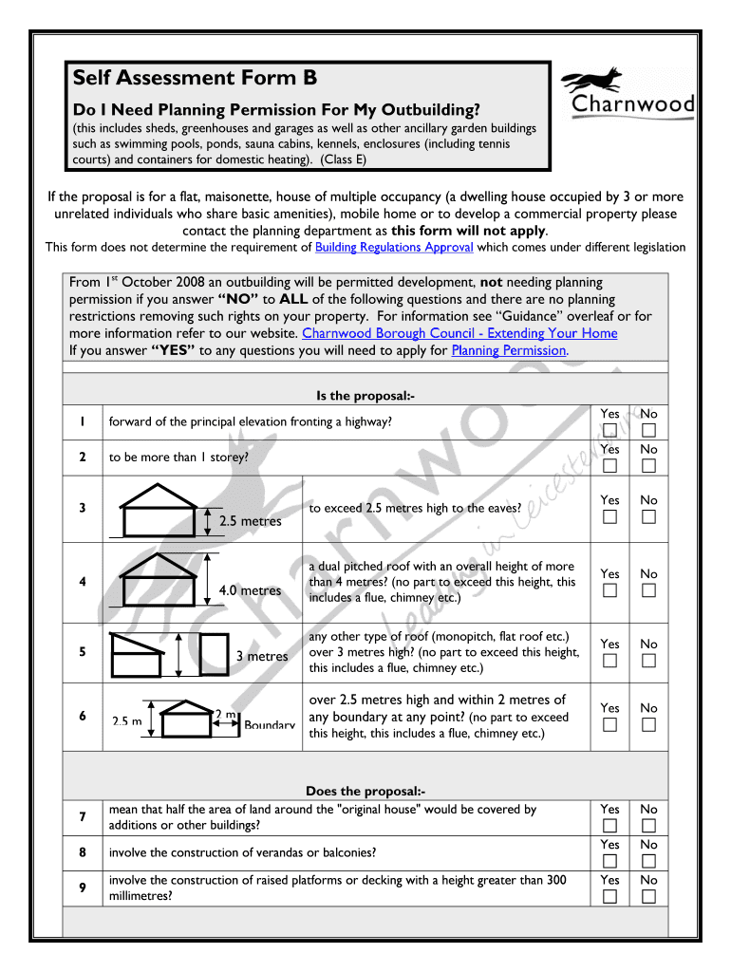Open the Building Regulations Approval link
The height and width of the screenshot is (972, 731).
click(x=394, y=248)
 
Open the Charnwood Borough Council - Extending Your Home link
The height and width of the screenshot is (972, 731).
click(x=459, y=333)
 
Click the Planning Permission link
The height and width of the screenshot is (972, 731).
click(x=509, y=350)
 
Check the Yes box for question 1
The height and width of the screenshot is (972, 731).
click(x=609, y=431)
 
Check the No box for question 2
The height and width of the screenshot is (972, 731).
click(x=648, y=465)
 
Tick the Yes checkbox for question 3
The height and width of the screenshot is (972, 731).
click(x=609, y=516)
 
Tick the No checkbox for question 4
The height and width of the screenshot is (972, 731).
click(x=648, y=591)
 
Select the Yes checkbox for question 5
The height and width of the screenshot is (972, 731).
click(x=609, y=661)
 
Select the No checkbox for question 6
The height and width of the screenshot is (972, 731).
click(x=648, y=725)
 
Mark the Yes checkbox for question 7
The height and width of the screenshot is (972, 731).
click(x=609, y=826)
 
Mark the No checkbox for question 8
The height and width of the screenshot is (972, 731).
click(x=648, y=861)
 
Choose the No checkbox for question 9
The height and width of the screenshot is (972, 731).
click(x=648, y=896)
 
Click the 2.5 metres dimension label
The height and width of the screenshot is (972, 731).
click(x=250, y=521)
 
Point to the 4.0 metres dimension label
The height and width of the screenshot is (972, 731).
click(x=250, y=590)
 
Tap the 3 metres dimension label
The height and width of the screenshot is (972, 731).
click(x=261, y=657)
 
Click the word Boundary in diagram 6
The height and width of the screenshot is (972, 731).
click(x=270, y=725)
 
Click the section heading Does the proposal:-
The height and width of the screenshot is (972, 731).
click(x=365, y=791)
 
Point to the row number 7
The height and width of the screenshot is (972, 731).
click(x=84, y=817)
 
